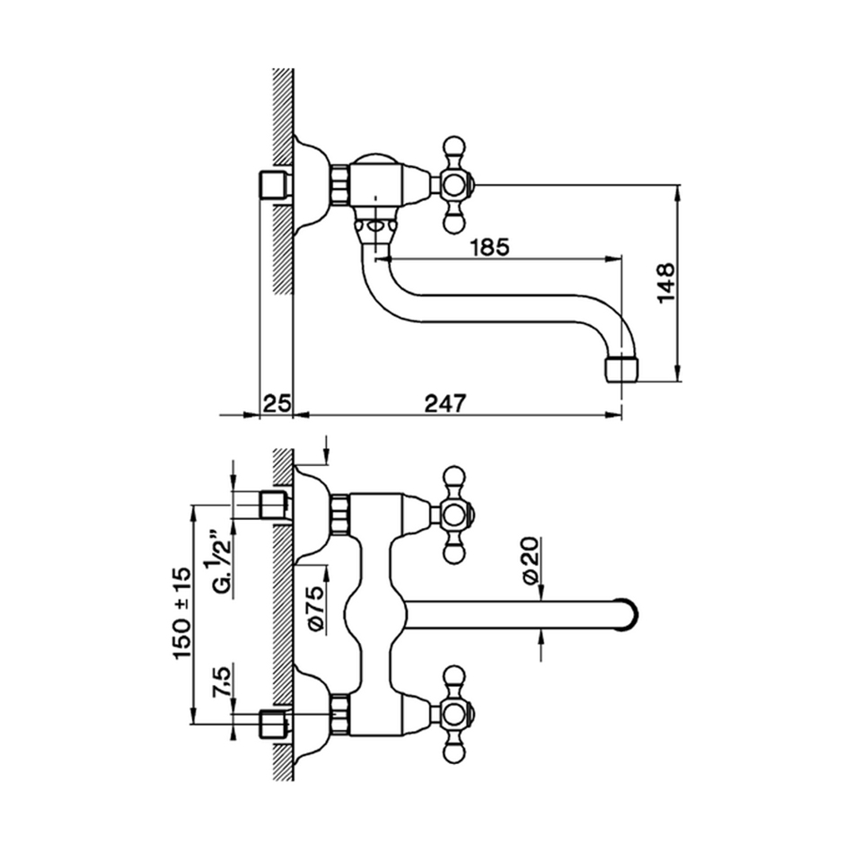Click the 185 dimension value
point(489,247)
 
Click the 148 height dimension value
point(665,283)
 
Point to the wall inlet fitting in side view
point(273,185)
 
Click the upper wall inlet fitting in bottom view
point(273,505)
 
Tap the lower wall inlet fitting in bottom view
point(273,722)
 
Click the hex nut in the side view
point(339,185)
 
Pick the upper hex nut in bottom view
point(339,514)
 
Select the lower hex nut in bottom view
point(339,715)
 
